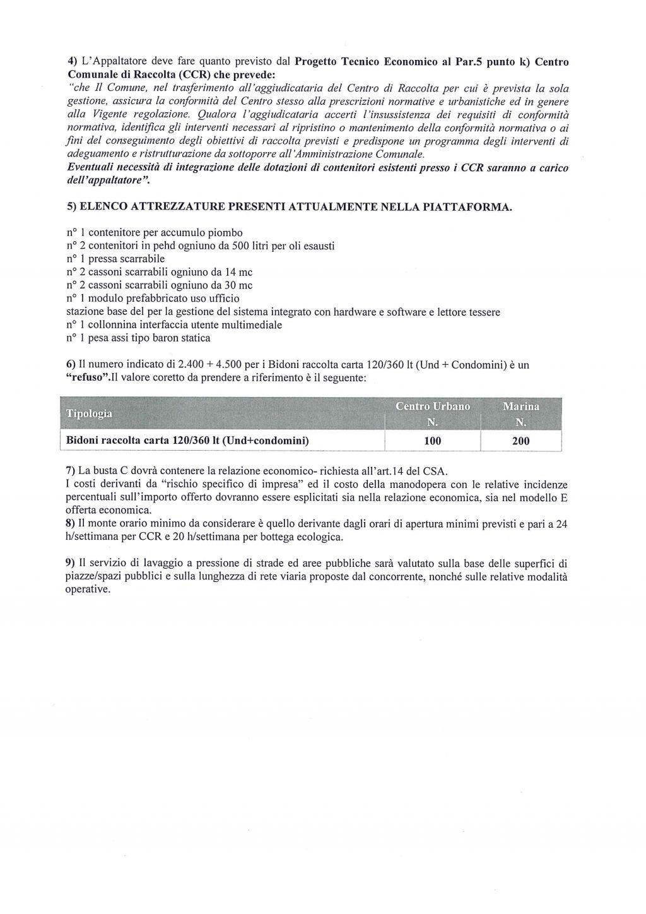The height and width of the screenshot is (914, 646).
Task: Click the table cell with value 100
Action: [x=433, y=441]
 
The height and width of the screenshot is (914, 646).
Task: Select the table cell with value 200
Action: [x=520, y=441]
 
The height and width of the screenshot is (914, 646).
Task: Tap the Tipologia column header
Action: [x=89, y=414]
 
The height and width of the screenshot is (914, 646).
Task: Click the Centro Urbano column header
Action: [x=433, y=407]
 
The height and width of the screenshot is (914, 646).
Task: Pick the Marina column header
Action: [x=520, y=407]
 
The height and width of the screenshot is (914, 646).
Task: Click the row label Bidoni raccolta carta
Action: [x=187, y=441]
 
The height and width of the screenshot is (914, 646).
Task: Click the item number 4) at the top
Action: [x=73, y=61]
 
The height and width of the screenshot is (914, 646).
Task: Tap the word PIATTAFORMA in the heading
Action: [x=463, y=207]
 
